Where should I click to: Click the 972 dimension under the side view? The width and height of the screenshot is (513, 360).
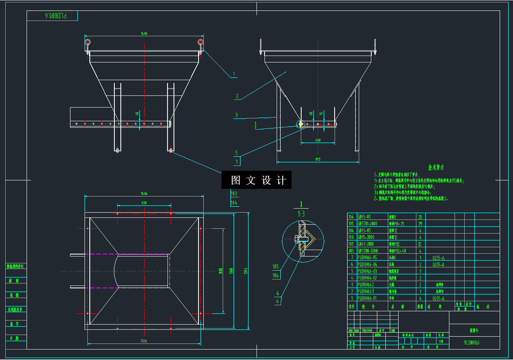[x=318, y=160]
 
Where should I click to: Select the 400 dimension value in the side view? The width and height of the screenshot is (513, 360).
[x=318, y=140]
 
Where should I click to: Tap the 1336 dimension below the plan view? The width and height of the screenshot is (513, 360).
[x=144, y=341]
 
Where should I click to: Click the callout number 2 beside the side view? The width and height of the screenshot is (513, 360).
[x=237, y=96]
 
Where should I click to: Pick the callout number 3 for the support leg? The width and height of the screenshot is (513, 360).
[x=236, y=115]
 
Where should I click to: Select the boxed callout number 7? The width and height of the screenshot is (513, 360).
[x=237, y=162]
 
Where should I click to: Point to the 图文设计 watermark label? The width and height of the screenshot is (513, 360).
[x=256, y=180]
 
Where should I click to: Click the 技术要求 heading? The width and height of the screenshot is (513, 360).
[x=436, y=167]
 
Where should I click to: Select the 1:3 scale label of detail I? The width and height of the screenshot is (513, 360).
[x=301, y=214]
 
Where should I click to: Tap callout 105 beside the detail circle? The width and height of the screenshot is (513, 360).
[x=276, y=266]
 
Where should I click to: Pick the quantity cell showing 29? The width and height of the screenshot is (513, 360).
[x=420, y=223]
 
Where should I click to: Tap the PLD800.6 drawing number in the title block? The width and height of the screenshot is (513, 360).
[x=472, y=343]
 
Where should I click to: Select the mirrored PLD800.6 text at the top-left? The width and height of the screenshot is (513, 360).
[x=56, y=16]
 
